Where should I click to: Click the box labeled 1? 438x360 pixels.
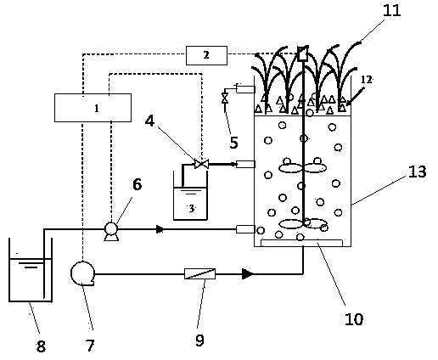pyautogui.click(x=93, y=108)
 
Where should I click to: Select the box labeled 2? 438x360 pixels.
pyautogui.click(x=206, y=55)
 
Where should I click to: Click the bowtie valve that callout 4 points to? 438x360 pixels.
pyautogui.click(x=201, y=164)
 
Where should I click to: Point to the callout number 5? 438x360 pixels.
pyautogui.click(x=233, y=142)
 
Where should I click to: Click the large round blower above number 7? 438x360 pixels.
pyautogui.click(x=82, y=273)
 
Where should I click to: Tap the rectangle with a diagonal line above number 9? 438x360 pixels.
pyautogui.click(x=199, y=274)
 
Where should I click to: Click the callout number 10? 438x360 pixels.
pyautogui.click(x=354, y=319)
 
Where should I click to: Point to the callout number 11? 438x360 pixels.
pyautogui.click(x=392, y=10)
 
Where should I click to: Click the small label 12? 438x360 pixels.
pyautogui.click(x=366, y=80)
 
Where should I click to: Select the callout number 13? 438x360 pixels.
pyautogui.click(x=417, y=172)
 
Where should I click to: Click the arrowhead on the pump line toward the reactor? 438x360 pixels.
pyautogui.click(x=160, y=229)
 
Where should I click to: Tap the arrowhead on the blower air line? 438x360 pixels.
pyautogui.click(x=247, y=274)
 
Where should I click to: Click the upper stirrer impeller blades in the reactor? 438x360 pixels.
pyautogui.click(x=303, y=168)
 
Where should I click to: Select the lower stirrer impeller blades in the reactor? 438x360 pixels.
pyautogui.click(x=303, y=223)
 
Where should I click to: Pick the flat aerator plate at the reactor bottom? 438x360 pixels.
pyautogui.click(x=301, y=243)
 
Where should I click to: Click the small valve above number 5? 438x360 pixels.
pyautogui.click(x=225, y=98)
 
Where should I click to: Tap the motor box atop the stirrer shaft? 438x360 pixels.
pyautogui.click(x=303, y=53)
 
